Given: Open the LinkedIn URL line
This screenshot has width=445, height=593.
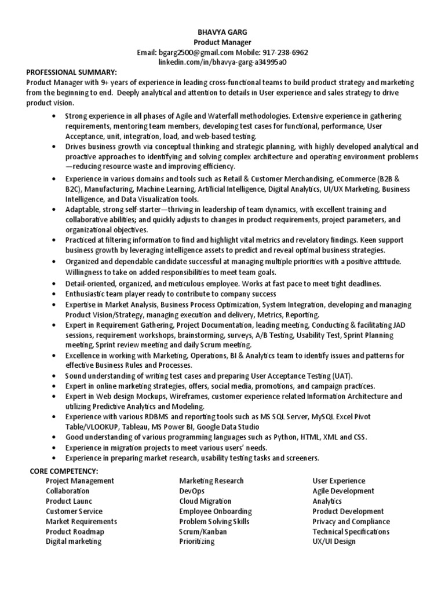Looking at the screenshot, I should point(222,62).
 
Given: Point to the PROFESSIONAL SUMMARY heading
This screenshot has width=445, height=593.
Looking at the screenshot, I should point(71,72).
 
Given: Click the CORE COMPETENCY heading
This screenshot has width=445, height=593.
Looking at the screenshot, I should point(64,470).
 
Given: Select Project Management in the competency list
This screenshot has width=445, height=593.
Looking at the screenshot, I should point(80,481).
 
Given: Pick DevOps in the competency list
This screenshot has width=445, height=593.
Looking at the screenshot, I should point(192,491).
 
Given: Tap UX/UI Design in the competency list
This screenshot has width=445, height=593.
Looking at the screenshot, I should point(334,541).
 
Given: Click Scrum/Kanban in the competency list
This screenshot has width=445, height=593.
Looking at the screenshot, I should point(203,532).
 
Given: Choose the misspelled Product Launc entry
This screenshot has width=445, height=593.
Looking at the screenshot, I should point(69,501).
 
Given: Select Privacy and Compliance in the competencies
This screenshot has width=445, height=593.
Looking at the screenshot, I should point(351,521).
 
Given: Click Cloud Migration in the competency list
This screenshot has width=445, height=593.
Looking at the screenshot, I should point(205,501).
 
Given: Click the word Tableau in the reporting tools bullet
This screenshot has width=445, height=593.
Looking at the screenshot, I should point(134,427).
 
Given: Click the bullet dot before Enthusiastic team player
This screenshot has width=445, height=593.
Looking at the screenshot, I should point(54,294).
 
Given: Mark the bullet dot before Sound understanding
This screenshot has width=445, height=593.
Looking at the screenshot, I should point(54,376).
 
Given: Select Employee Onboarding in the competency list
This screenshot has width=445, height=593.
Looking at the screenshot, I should point(216,511).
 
